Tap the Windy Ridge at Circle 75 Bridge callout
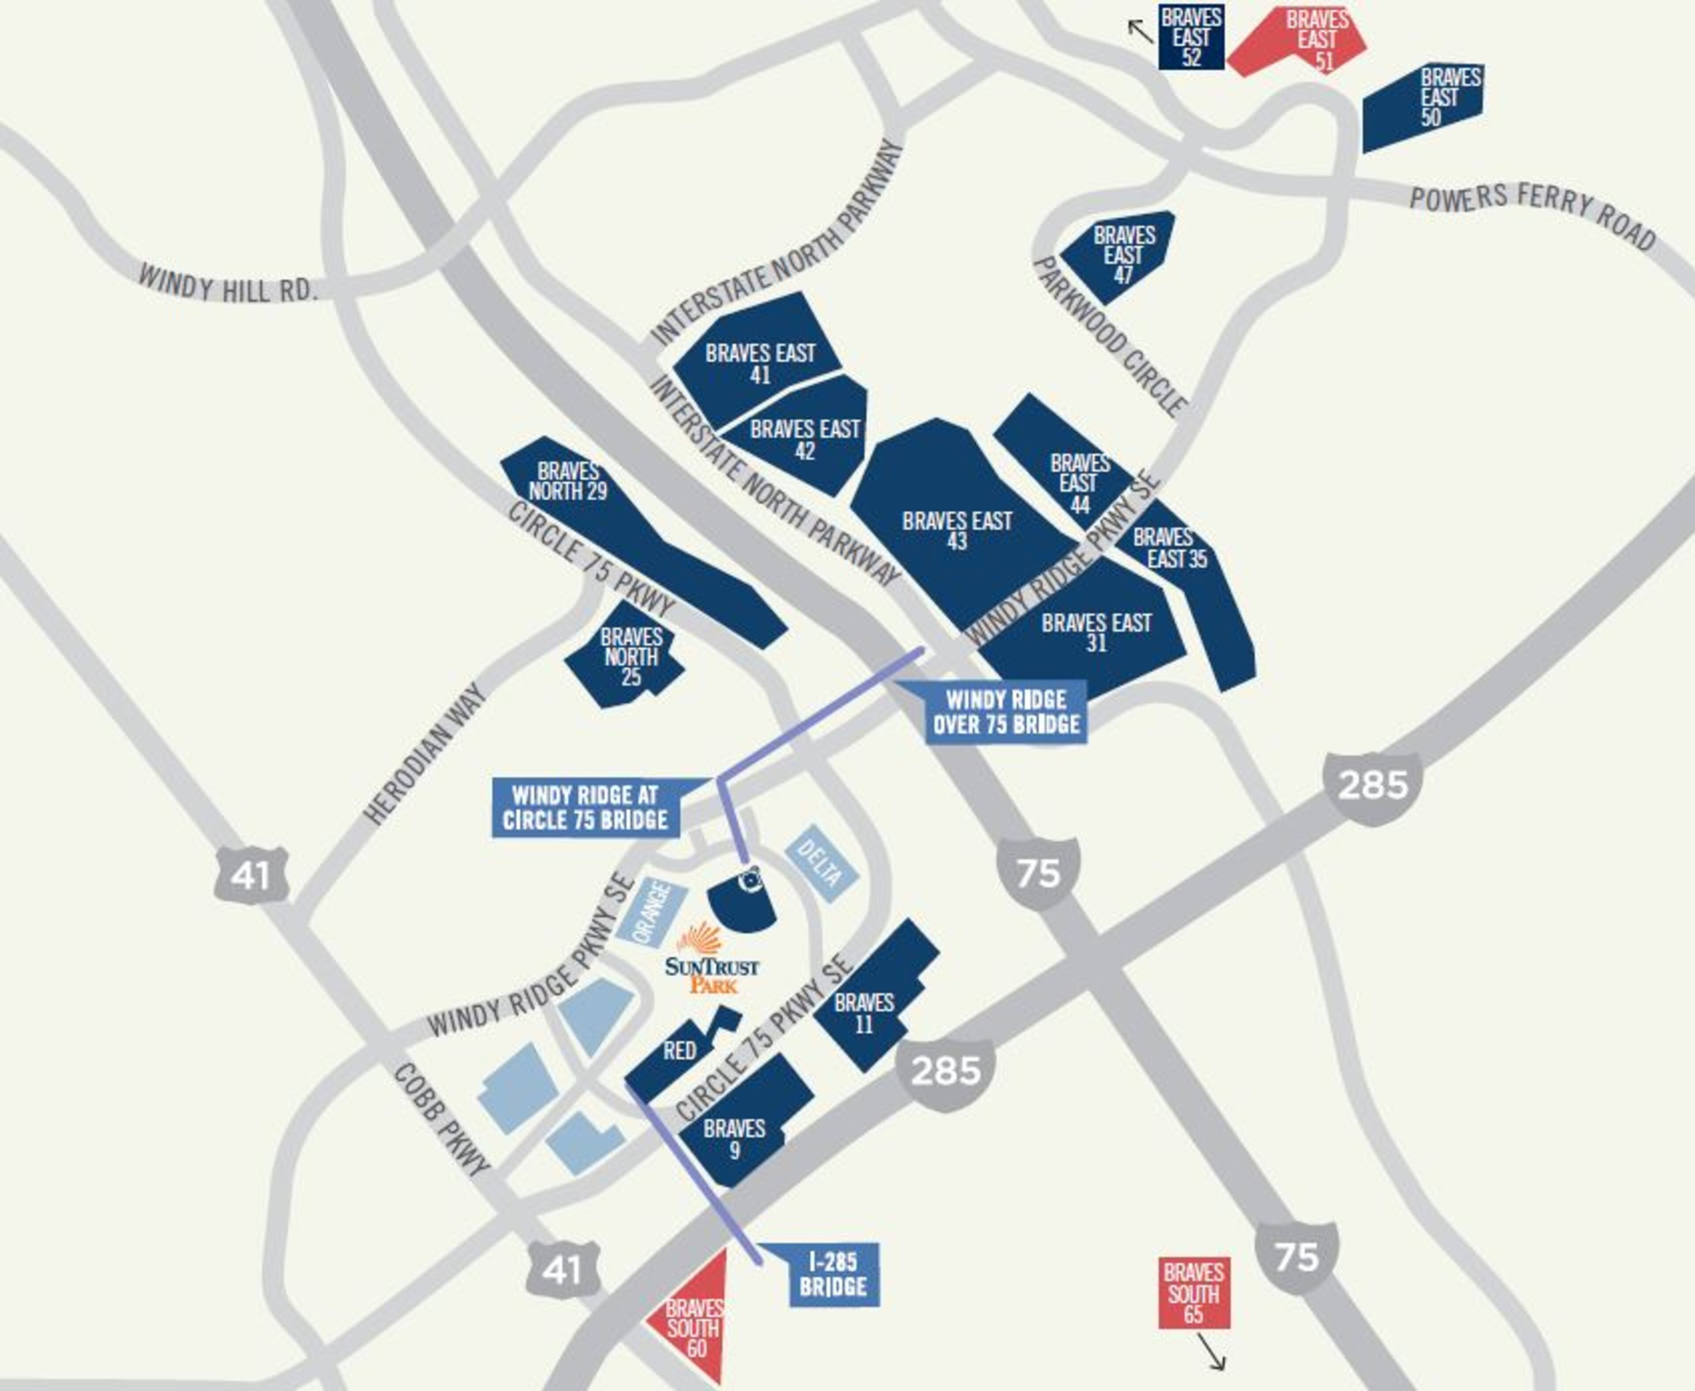pyautogui.click(x=585, y=808)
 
